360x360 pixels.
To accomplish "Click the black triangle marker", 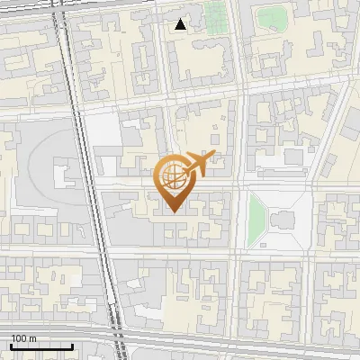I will (x=181, y=24).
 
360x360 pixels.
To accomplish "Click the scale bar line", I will (x=41, y=346).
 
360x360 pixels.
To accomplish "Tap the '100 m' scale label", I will (x=24, y=338).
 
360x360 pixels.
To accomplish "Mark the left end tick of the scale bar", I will (x=11, y=346).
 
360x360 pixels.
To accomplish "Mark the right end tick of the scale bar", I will (x=72, y=346).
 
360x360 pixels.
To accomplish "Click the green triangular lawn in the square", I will (x=257, y=215).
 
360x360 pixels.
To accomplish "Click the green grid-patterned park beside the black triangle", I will (x=214, y=15).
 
